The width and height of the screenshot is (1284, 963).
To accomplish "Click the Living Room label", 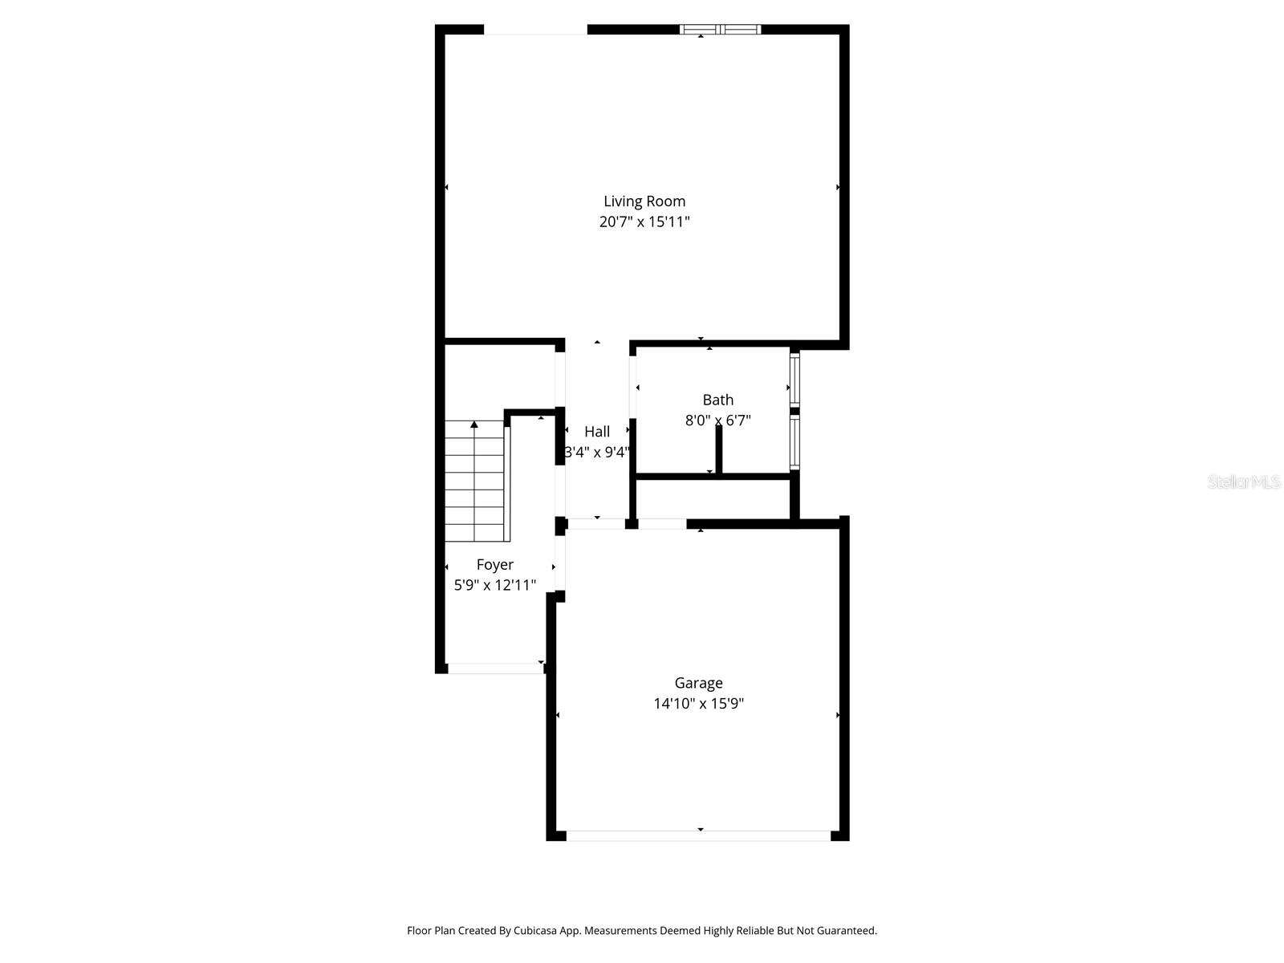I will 644,201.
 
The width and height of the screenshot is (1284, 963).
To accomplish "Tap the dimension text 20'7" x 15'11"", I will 644,222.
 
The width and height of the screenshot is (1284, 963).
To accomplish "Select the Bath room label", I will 717,400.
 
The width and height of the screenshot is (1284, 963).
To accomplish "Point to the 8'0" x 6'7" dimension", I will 717,420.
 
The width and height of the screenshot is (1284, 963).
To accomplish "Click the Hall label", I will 597,432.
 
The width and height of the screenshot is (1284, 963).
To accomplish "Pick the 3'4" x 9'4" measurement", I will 597,453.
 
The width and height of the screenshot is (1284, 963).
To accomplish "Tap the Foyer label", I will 494,565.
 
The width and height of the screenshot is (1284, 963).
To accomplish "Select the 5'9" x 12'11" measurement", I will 494,586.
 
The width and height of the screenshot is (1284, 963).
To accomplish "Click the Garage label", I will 698,683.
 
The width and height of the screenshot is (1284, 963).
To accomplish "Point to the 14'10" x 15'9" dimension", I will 698,704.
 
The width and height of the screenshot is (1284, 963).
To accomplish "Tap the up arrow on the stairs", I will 474,425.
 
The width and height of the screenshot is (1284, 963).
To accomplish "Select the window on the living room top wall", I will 720,30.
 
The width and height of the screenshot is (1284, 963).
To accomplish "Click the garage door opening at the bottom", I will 698,835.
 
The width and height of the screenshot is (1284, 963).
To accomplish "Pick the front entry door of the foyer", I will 495,668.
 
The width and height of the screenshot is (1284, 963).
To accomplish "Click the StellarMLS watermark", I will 1244,482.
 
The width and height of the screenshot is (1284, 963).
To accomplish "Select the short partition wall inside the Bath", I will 719,449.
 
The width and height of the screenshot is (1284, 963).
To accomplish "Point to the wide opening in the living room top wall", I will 535,30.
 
